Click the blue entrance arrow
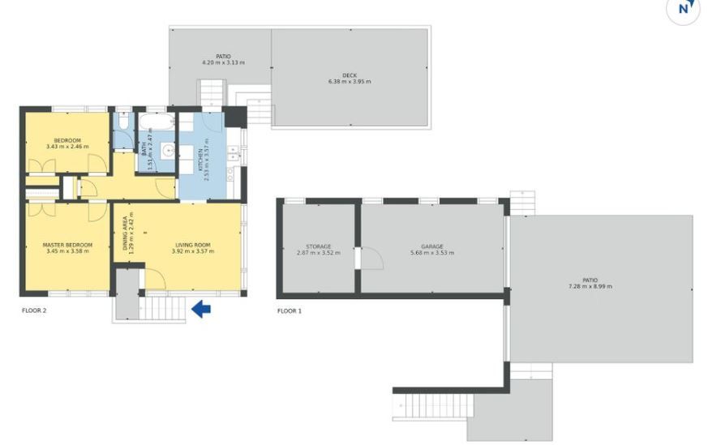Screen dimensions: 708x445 (x=201, y=309)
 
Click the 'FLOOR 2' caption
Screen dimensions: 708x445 (x=34, y=310)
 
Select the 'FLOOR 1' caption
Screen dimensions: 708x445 (x=290, y=311)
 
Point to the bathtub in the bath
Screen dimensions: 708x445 (x=157, y=121)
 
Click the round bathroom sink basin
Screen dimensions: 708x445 (x=169, y=149)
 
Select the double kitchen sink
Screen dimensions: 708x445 (x=234, y=152)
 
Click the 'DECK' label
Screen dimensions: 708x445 (x=350, y=75)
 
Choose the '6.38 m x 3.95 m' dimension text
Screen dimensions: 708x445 (x=350, y=82)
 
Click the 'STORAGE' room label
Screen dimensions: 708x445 (x=319, y=246)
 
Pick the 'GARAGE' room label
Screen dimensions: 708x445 (x=432, y=246)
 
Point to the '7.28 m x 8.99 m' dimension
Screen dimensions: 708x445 (x=590, y=287)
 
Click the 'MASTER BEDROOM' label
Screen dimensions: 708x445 (x=67, y=245)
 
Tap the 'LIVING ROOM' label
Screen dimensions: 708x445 (x=193, y=245)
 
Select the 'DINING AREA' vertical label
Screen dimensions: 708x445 (x=125, y=233)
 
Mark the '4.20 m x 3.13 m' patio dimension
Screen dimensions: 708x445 (x=224, y=62)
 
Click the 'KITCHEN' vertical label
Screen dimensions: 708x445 (x=201, y=160)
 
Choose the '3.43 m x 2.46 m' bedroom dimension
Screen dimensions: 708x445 (x=67, y=147)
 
